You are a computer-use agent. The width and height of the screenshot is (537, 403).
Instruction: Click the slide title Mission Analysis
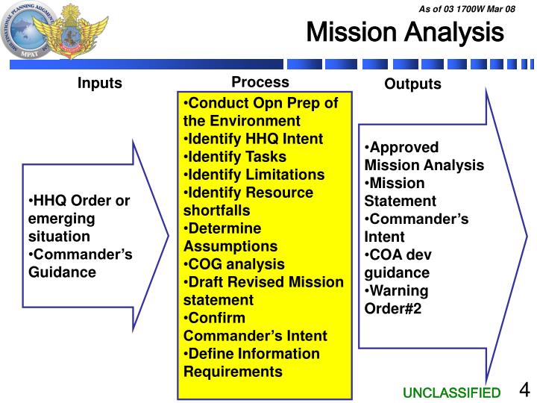tap(405, 33)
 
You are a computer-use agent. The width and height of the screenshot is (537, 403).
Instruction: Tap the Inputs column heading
tap(99, 83)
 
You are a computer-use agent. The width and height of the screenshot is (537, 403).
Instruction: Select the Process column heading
tap(260, 81)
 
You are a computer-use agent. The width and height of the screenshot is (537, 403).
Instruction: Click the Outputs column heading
tap(412, 84)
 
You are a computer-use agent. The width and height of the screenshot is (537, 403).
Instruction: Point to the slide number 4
tap(524, 390)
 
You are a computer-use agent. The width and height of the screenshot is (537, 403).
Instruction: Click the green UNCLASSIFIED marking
tap(452, 393)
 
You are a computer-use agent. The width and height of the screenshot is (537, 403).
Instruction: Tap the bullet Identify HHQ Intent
tap(253, 138)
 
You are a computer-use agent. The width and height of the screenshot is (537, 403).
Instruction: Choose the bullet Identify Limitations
tap(254, 174)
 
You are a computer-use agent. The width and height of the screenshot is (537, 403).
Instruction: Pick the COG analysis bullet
tap(233, 263)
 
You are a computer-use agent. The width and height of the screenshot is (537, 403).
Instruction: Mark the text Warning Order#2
tap(395, 299)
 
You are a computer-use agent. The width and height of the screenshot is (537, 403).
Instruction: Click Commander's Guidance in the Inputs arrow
tap(80, 263)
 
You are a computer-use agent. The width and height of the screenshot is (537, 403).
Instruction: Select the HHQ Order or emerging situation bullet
tap(78, 219)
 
